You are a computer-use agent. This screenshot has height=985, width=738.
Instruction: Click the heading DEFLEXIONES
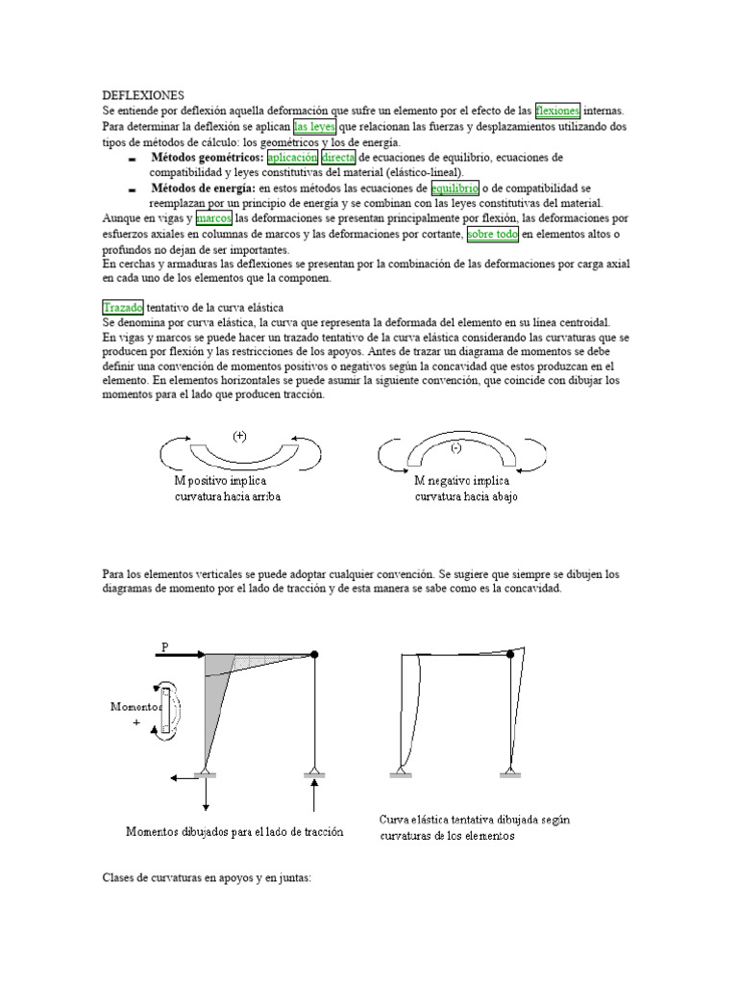[142, 96]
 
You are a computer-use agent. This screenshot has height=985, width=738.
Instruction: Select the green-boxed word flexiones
[557, 111]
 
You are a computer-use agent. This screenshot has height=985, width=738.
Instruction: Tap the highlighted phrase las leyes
[314, 126]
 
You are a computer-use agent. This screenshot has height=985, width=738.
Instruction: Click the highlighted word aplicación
[292, 157]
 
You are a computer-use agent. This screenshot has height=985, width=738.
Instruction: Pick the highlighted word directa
[338, 157]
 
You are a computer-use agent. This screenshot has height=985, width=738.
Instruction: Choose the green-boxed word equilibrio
[455, 188]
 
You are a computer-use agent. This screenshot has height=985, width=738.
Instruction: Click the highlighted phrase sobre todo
[492, 235]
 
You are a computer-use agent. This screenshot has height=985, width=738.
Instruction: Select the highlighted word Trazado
[123, 306]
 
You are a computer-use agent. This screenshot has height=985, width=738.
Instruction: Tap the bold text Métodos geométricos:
[207, 157]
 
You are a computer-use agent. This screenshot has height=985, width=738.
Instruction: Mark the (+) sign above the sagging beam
[239, 436]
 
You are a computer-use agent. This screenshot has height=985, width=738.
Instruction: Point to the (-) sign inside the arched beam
[455, 448]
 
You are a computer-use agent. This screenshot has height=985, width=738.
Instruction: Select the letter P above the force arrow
[164, 647]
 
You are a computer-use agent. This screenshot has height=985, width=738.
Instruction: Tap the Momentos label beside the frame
[135, 706]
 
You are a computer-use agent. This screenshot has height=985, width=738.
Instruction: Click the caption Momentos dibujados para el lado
[234, 831]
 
